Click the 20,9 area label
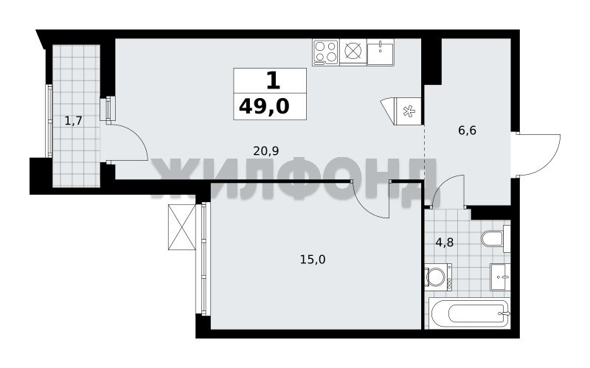tap(265, 151)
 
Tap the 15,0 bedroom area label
tap(313, 260)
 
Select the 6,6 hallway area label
tap(468, 131)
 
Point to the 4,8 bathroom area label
tap(445, 243)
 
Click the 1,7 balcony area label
tap(73, 121)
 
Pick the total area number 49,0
tap(264, 106)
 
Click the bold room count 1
tap(273, 80)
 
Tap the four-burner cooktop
tap(325, 52)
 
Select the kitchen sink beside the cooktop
tap(381, 52)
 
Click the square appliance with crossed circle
tap(353, 52)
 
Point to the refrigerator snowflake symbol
tap(408, 112)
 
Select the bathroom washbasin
tap(500, 277)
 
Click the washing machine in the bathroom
tap(438, 277)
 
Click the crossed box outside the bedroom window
tap(181, 227)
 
